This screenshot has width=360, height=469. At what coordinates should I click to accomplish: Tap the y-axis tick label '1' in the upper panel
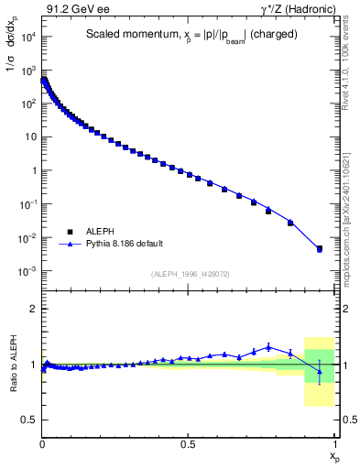33,170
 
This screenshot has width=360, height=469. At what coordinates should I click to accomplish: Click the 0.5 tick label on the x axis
188,443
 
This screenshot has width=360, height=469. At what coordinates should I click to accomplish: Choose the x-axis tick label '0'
43,443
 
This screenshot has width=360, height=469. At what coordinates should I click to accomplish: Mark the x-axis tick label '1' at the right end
334,443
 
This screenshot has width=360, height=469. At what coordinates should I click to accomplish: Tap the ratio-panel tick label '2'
34,309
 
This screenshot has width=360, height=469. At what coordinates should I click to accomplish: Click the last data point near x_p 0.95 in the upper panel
320,248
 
